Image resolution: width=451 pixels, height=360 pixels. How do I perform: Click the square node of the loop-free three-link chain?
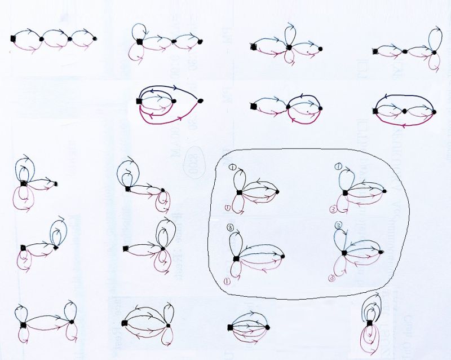click(x=12, y=38)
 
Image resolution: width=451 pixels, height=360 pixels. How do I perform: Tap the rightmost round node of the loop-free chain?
click(x=96, y=38)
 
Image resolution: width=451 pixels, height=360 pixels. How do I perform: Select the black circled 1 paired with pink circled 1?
click(x=232, y=166)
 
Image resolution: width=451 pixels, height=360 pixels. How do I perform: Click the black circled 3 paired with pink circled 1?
click(x=231, y=227)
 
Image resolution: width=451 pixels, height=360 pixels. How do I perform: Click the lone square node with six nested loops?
click(x=370, y=323)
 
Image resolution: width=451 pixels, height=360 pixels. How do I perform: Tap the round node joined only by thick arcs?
click(x=200, y=100)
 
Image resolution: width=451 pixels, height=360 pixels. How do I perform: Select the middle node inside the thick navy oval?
click(x=404, y=112)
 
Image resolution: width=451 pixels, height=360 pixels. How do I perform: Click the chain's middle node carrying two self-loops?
click(x=289, y=47)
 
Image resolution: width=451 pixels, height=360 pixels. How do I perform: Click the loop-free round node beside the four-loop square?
click(x=56, y=183)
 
